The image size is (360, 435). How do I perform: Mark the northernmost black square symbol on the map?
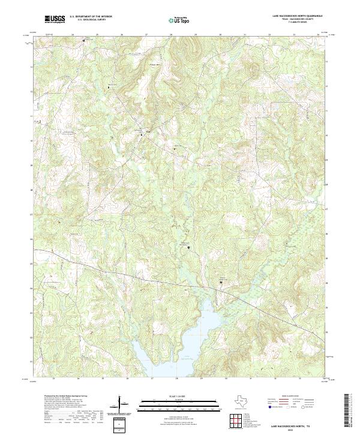pyautogui.click(x=83, y=40)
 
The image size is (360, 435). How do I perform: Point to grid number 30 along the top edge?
pyautogui.click(x=221, y=35)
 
